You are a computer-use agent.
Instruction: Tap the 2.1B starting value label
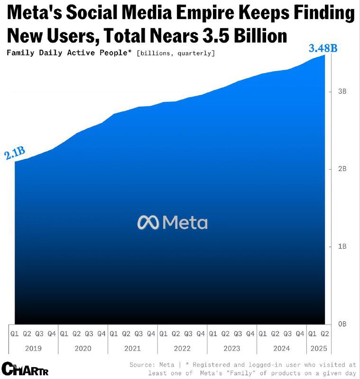[15, 154]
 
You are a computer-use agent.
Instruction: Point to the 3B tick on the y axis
[342, 91]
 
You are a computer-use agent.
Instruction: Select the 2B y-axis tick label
[342, 169]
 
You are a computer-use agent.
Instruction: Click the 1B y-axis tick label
[342, 246]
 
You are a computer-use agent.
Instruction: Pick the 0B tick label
[342, 324]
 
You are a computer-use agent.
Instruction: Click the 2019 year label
[33, 348]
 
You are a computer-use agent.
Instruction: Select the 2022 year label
[182, 348]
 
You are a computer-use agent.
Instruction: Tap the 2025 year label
[318, 348]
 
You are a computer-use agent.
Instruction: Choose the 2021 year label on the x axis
[132, 348]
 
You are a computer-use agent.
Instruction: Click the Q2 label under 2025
[325, 334]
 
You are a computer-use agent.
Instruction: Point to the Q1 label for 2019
[15, 334]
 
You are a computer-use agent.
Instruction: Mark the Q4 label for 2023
[250, 334]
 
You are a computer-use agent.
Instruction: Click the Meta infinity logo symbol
[148, 222]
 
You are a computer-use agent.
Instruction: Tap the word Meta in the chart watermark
[185, 222]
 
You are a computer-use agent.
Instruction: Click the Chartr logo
[25, 368]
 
